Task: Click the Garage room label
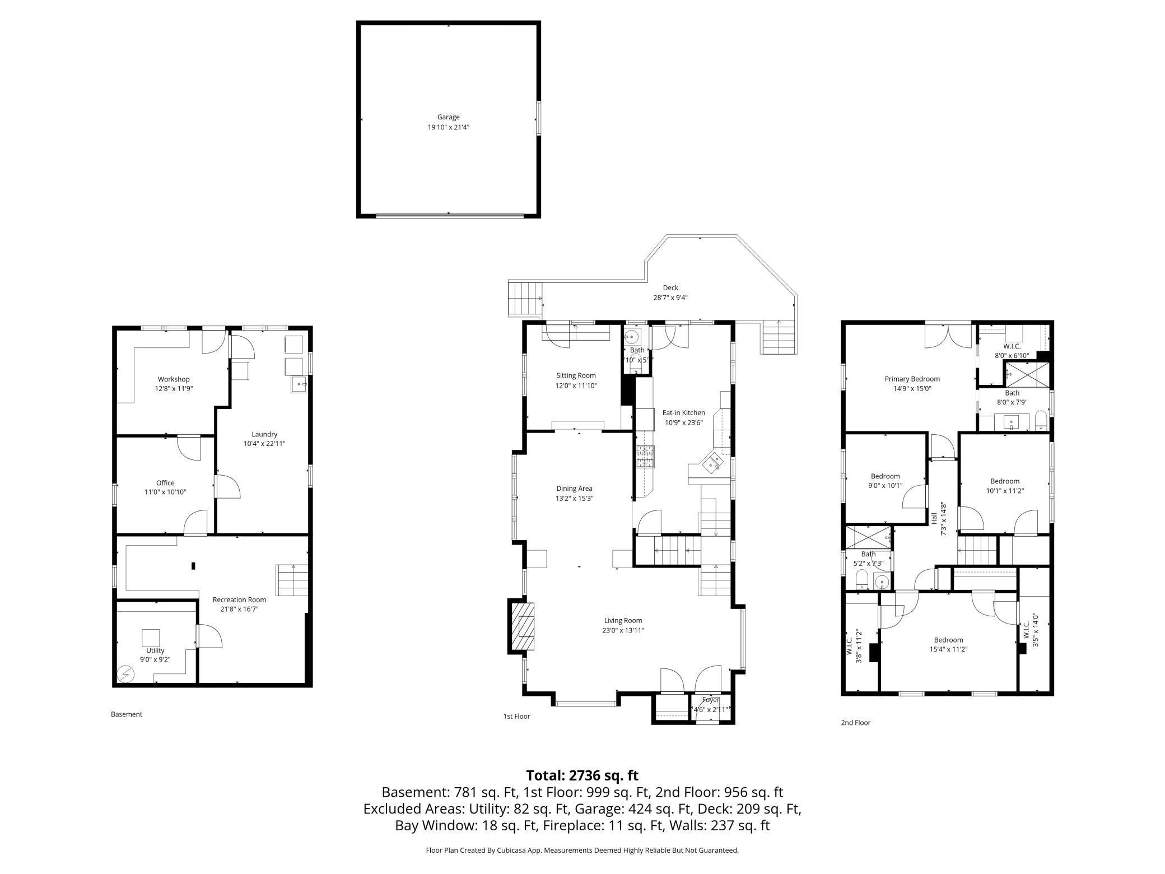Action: coord(448,117)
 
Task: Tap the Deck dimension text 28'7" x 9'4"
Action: coord(670,298)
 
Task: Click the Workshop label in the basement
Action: coord(174,379)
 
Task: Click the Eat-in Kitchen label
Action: coord(683,413)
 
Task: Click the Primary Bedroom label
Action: coord(912,379)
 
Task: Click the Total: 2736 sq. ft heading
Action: coord(582,775)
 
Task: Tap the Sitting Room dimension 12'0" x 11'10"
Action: coord(576,385)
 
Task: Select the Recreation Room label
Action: coord(239,599)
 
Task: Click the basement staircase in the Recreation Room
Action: coord(292,580)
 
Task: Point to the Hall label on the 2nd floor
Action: coord(934,518)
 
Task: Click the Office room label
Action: coord(165,483)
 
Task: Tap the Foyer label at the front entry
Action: coord(710,700)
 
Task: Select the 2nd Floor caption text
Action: coord(855,723)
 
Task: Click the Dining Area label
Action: coord(574,489)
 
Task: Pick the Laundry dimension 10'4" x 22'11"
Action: coord(264,444)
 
